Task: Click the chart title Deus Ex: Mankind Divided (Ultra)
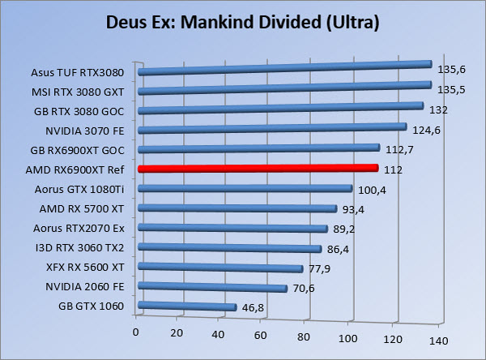243,23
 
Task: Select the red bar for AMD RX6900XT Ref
258,169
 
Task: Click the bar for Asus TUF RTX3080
284,68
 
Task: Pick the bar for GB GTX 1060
187,306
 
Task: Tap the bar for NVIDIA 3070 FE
272,129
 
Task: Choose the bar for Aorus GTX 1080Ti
245,190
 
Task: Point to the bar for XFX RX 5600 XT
220,268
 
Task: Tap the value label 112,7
398,149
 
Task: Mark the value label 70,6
304,288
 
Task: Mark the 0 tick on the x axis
136,332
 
